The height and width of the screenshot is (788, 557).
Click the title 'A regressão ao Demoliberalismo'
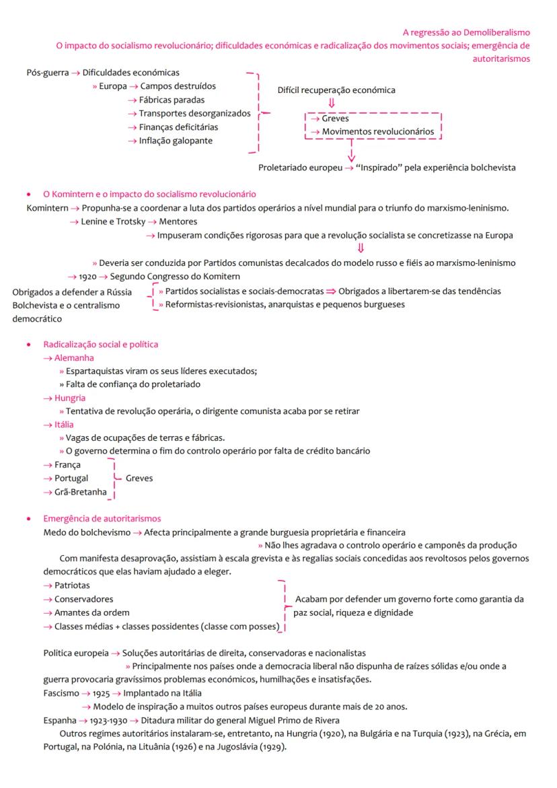pyautogui.click(x=466, y=32)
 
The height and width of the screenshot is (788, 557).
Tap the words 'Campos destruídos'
pyautogui.click(x=178, y=86)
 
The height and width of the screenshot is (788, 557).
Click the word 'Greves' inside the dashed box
pyautogui.click(x=335, y=118)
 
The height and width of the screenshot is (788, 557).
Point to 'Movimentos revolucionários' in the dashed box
pyautogui.click(x=378, y=131)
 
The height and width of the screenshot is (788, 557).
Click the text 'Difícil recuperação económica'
pyautogui.click(x=336, y=89)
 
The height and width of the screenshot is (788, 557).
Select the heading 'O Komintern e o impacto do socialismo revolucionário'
pyautogui.click(x=149, y=194)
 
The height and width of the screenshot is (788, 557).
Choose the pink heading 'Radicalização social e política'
pyautogui.click(x=101, y=344)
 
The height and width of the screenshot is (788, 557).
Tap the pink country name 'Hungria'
pyautogui.click(x=71, y=398)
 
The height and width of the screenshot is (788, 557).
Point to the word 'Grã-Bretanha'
pyautogui.click(x=80, y=492)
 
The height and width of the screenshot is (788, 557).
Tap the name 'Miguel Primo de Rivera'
pyautogui.click(x=289, y=720)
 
